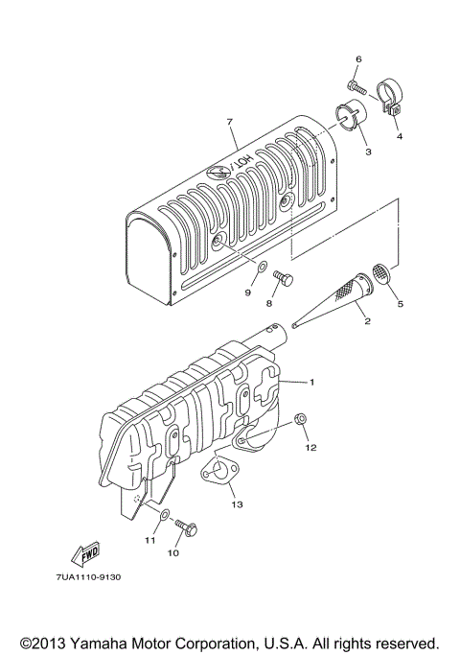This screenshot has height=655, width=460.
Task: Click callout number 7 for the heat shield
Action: (x=231, y=122)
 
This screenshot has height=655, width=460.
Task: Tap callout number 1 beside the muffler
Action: (x=311, y=382)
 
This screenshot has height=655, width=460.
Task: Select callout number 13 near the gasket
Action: (x=236, y=503)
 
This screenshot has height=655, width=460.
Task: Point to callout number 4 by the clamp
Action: (x=400, y=136)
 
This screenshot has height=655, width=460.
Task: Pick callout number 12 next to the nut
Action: (x=311, y=448)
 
